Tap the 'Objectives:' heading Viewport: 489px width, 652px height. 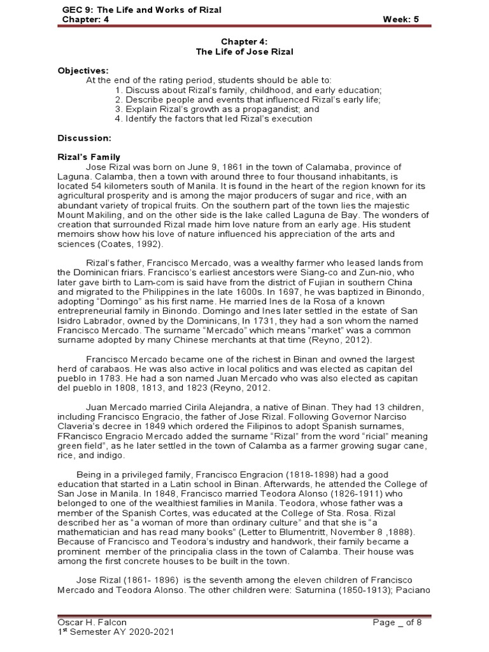point(83,71)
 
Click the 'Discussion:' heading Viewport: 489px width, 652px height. point(84,138)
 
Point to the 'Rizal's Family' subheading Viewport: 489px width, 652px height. point(89,157)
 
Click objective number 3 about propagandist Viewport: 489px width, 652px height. point(217,109)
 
